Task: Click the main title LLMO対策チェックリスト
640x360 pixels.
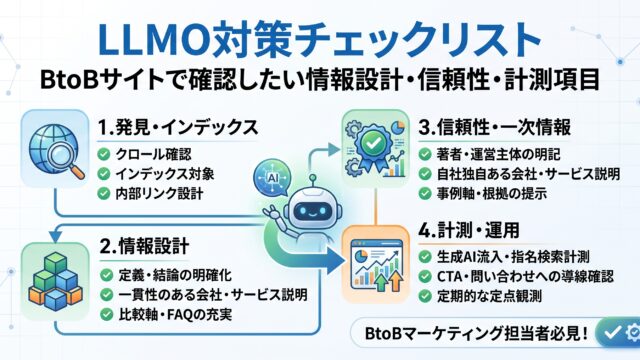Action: pos(320,40)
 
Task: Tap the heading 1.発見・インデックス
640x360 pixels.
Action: pos(178,127)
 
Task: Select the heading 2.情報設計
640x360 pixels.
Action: pos(144,246)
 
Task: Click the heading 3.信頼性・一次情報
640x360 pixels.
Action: pos(495,127)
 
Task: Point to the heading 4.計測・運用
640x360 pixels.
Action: pos(469,231)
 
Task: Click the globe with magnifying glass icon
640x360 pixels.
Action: pos(56,151)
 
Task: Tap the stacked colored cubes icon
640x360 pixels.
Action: pos(55,281)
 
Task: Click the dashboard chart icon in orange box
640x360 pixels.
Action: pos(376,264)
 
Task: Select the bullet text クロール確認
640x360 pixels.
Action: pos(153,154)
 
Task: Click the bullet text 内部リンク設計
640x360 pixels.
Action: pos(159,193)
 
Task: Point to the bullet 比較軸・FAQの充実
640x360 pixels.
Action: pos(176,314)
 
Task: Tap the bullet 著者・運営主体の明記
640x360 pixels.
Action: pos(498,154)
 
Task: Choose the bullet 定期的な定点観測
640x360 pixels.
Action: pos(489,296)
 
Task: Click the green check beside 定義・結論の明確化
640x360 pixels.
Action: pos(107,275)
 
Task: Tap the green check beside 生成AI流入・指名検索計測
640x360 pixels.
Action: pos(425,257)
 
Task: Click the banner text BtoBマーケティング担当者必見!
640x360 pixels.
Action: pos(476,333)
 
